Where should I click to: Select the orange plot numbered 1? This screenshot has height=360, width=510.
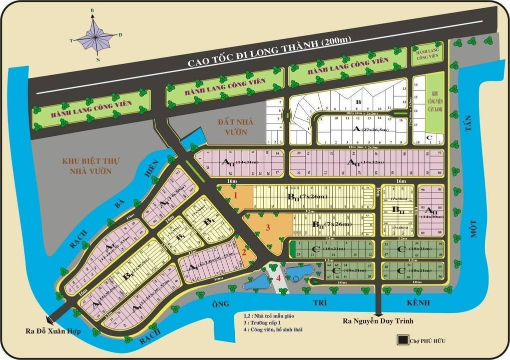(x=235, y=196)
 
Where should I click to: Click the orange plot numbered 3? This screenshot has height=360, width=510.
(x=268, y=228)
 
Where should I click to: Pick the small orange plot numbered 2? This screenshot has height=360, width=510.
(x=244, y=252)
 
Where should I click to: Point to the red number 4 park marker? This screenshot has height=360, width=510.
(x=278, y=278)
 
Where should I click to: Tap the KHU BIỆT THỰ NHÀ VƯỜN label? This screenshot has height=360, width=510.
(x=87, y=166)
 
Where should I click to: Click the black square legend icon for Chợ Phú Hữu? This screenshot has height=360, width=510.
(x=401, y=340)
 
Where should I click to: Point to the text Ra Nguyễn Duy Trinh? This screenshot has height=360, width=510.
(x=377, y=321)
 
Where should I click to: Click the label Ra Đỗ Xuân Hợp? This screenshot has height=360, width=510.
(x=53, y=330)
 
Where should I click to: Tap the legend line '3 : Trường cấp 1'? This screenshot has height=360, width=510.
(x=266, y=322)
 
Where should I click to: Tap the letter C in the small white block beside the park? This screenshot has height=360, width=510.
(x=428, y=137)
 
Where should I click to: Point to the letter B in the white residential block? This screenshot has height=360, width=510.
(x=357, y=102)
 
